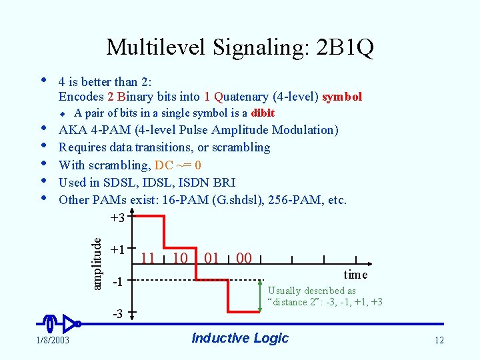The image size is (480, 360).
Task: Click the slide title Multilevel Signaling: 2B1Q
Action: click(240, 47)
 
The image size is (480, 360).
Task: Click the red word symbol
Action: click(342, 97)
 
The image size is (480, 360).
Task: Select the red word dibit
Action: click(263, 113)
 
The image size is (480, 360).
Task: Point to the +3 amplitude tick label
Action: click(117, 218)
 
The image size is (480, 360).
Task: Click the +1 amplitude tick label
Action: click(118, 249)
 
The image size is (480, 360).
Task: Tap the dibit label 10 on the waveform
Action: click(179, 258)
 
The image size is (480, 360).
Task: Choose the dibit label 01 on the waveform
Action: click(211, 258)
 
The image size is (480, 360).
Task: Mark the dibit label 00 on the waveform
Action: click(244, 258)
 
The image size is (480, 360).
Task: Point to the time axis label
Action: click(355, 275)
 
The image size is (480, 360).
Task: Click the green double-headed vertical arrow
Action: click(260, 296)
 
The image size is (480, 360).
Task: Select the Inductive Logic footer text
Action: click(240, 338)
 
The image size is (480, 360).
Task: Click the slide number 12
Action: click(439, 341)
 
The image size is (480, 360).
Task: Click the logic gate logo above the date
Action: click(61, 324)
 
